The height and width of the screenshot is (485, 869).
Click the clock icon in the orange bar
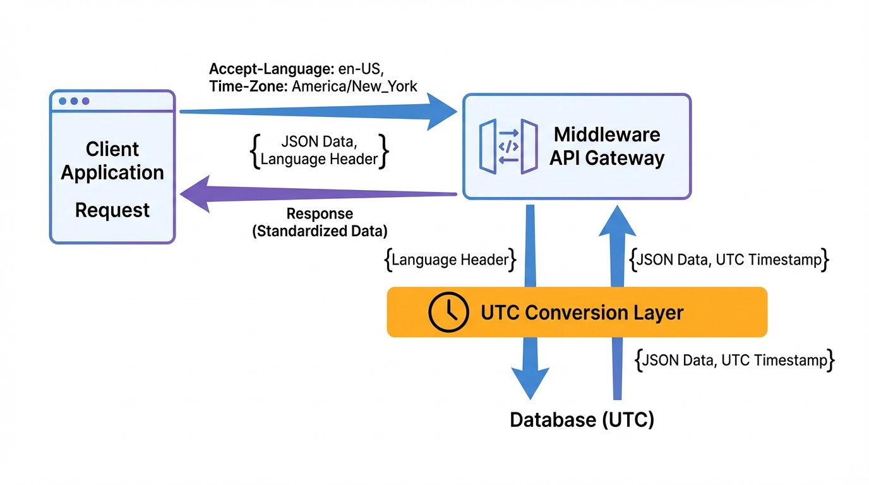tap(448, 312)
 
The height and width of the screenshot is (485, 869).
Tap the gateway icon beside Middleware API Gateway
tap(508, 147)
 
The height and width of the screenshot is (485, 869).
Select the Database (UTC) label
tap(582, 419)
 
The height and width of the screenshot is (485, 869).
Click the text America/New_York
tap(355, 86)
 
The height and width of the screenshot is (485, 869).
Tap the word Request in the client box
tap(112, 210)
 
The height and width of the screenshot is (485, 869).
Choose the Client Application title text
tap(112, 160)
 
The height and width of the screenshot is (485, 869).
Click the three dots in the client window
tap(73, 101)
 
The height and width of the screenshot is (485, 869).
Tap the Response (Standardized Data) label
tap(320, 222)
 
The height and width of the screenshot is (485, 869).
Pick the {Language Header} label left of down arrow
tap(450, 260)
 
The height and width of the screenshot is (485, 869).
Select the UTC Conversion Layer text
tap(582, 312)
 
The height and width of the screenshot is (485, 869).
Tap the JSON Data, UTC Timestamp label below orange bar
tap(734, 360)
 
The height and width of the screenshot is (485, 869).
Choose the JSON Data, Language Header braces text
tap(319, 151)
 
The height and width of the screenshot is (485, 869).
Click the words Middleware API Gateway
tap(606, 146)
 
